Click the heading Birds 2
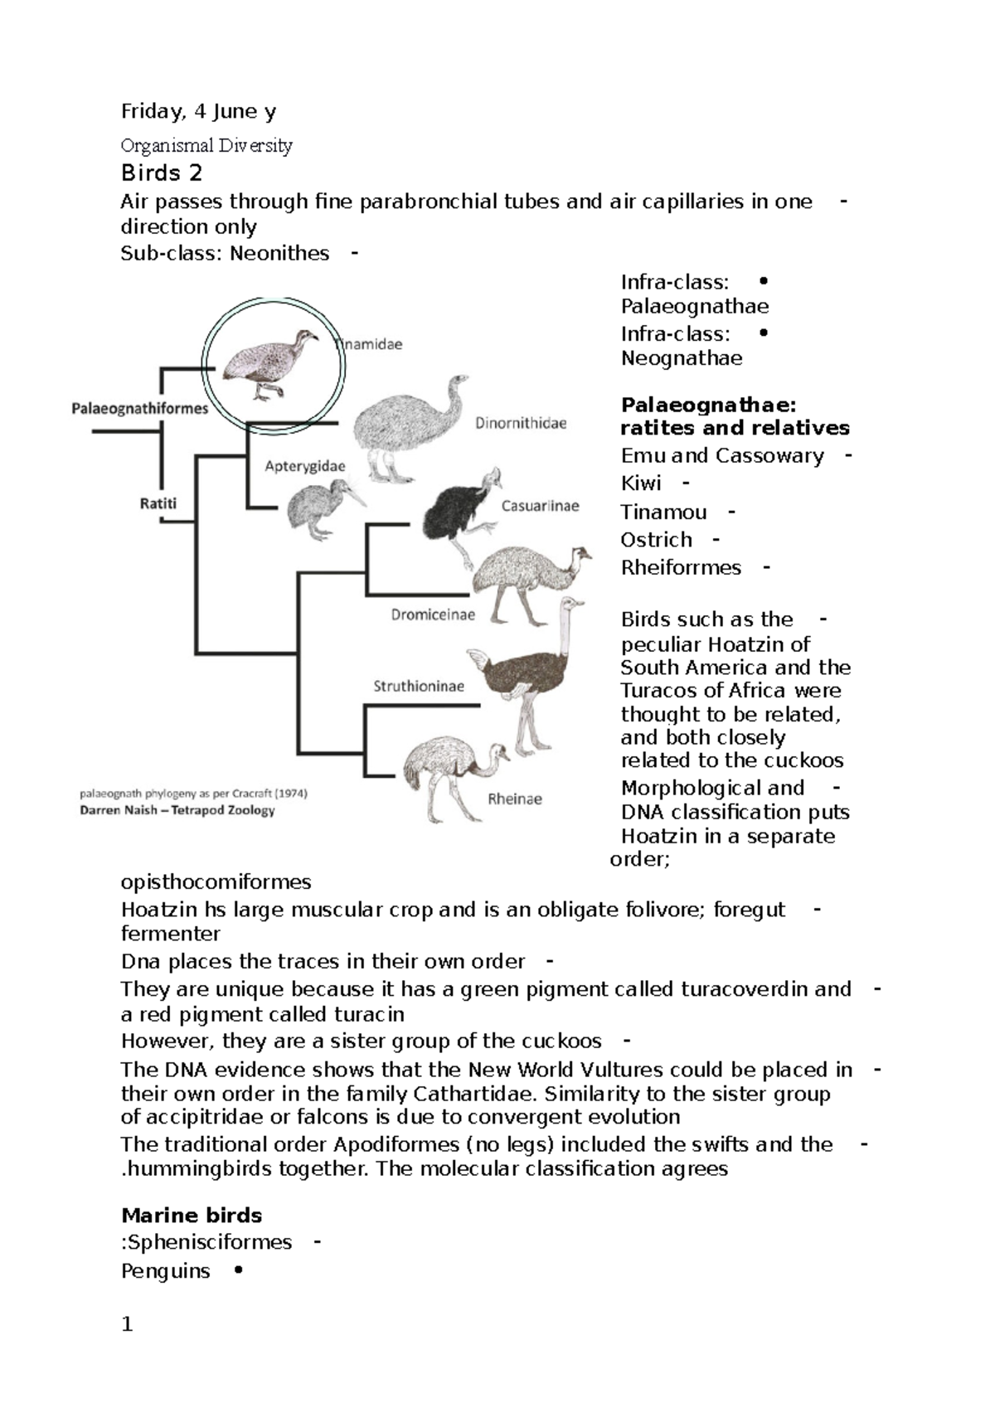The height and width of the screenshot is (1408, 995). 162,173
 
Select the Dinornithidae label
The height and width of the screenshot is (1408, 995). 521,424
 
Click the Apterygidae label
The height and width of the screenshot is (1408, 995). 304,467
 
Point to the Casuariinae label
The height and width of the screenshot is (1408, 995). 540,506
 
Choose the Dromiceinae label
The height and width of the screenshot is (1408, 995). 433,614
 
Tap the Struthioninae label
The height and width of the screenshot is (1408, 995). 418,686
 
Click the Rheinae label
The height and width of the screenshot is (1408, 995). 514,799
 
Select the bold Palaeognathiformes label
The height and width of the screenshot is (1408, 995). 139,408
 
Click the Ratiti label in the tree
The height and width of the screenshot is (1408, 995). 158,503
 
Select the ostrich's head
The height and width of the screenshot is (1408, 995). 571,604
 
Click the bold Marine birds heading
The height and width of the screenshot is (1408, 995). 192,1216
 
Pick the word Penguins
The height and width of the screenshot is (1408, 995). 165,1271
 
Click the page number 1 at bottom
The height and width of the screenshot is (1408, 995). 127,1324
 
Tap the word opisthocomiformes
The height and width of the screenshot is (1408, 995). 216,881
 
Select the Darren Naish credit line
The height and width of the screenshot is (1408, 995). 177,810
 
